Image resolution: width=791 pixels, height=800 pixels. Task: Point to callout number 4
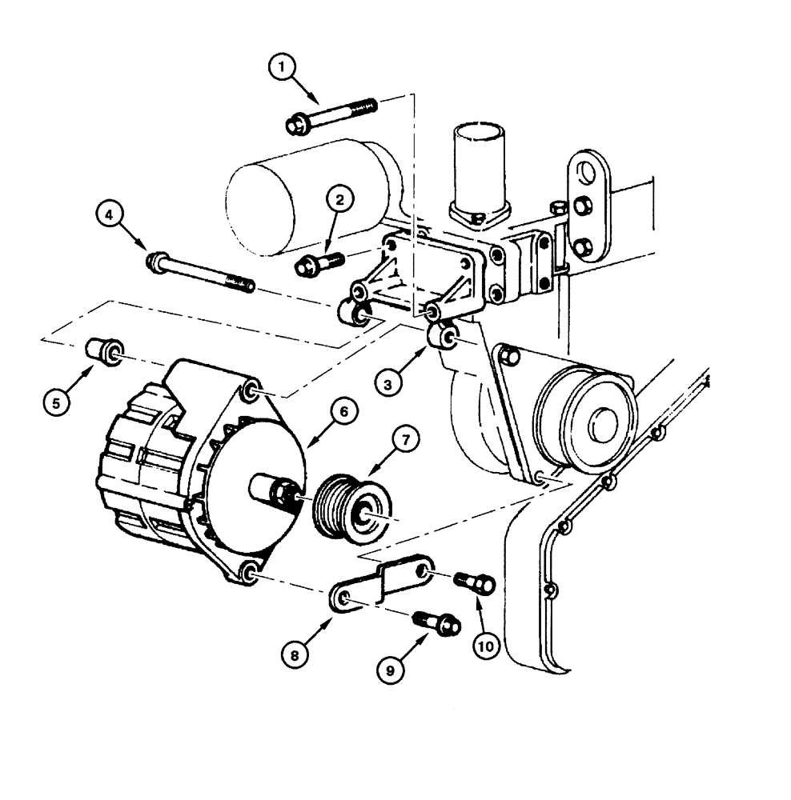click(x=110, y=214)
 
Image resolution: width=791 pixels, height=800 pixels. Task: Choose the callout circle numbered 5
click(x=56, y=403)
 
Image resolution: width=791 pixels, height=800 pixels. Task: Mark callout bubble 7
click(x=405, y=439)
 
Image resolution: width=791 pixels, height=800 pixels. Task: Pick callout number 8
click(x=295, y=654)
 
